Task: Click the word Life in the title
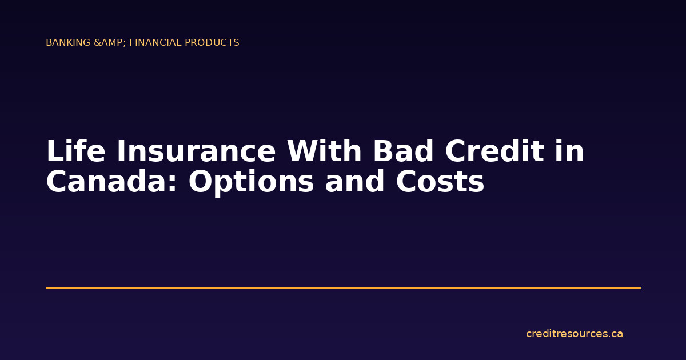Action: [x=74, y=152]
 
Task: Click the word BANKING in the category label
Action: [x=68, y=43]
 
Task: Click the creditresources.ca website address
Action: [x=574, y=334]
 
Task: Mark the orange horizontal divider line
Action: [x=343, y=288]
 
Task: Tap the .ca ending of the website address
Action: [x=616, y=334]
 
